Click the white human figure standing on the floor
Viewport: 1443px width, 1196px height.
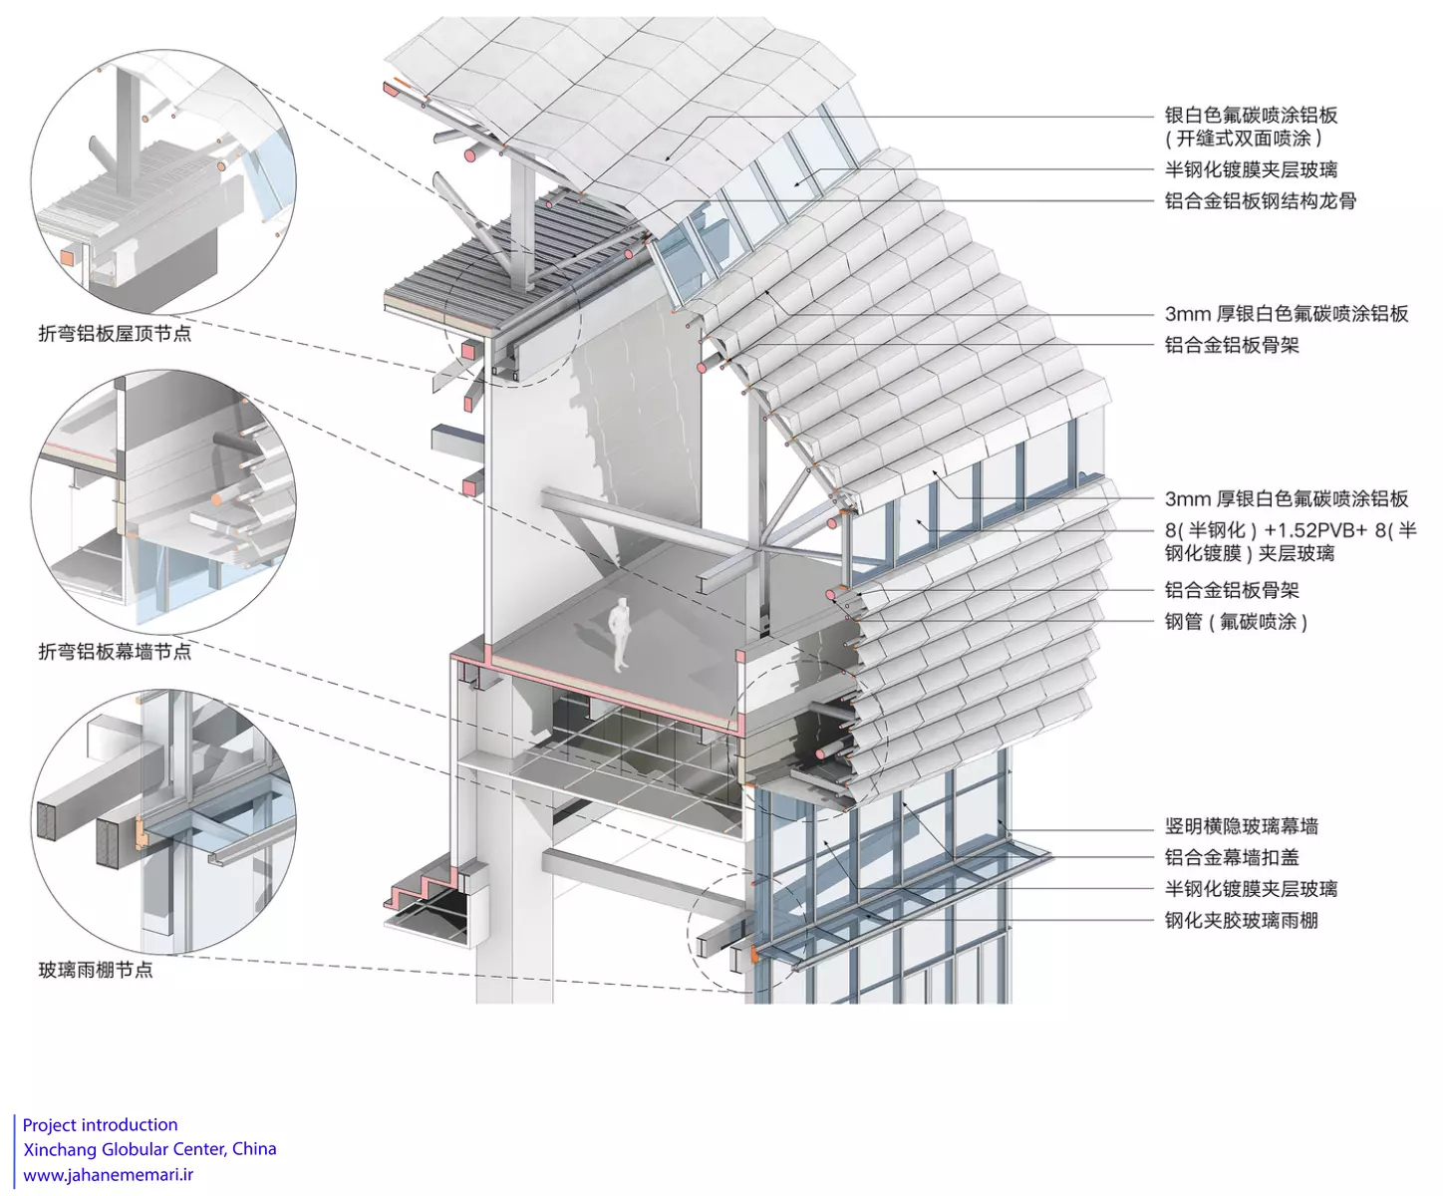click(x=620, y=633)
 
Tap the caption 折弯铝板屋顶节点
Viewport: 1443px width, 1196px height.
click(x=115, y=334)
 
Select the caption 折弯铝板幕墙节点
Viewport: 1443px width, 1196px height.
click(x=115, y=652)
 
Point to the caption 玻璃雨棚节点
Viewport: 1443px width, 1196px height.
click(x=96, y=970)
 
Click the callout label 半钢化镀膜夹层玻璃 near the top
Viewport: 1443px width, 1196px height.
click(x=1251, y=170)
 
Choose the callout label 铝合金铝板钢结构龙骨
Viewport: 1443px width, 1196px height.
click(x=1261, y=201)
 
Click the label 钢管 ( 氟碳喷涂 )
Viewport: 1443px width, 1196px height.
click(x=1236, y=622)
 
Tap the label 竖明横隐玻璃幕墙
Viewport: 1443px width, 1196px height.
click(x=1241, y=826)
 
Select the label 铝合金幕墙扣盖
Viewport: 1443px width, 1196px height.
click(x=1232, y=857)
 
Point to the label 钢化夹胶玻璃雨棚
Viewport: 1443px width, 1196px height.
click(x=1241, y=920)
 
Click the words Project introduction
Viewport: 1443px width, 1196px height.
click(x=100, y=1125)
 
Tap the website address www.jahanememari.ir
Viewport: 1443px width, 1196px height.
click(x=108, y=1175)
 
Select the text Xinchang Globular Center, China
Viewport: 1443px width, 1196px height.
click(x=149, y=1149)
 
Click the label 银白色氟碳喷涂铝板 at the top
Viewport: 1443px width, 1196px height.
click(x=1251, y=116)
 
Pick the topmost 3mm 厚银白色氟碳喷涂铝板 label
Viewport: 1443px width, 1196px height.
click(x=1287, y=314)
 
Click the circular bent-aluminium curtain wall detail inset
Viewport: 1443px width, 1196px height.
click(x=163, y=502)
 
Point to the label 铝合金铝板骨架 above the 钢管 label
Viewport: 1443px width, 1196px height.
click(x=1232, y=590)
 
